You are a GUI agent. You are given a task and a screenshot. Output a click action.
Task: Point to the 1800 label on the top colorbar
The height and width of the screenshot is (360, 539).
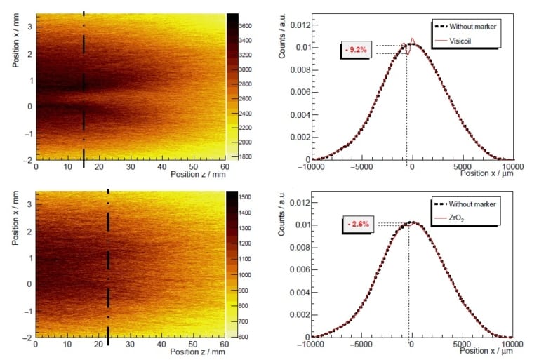tap(250, 156)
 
